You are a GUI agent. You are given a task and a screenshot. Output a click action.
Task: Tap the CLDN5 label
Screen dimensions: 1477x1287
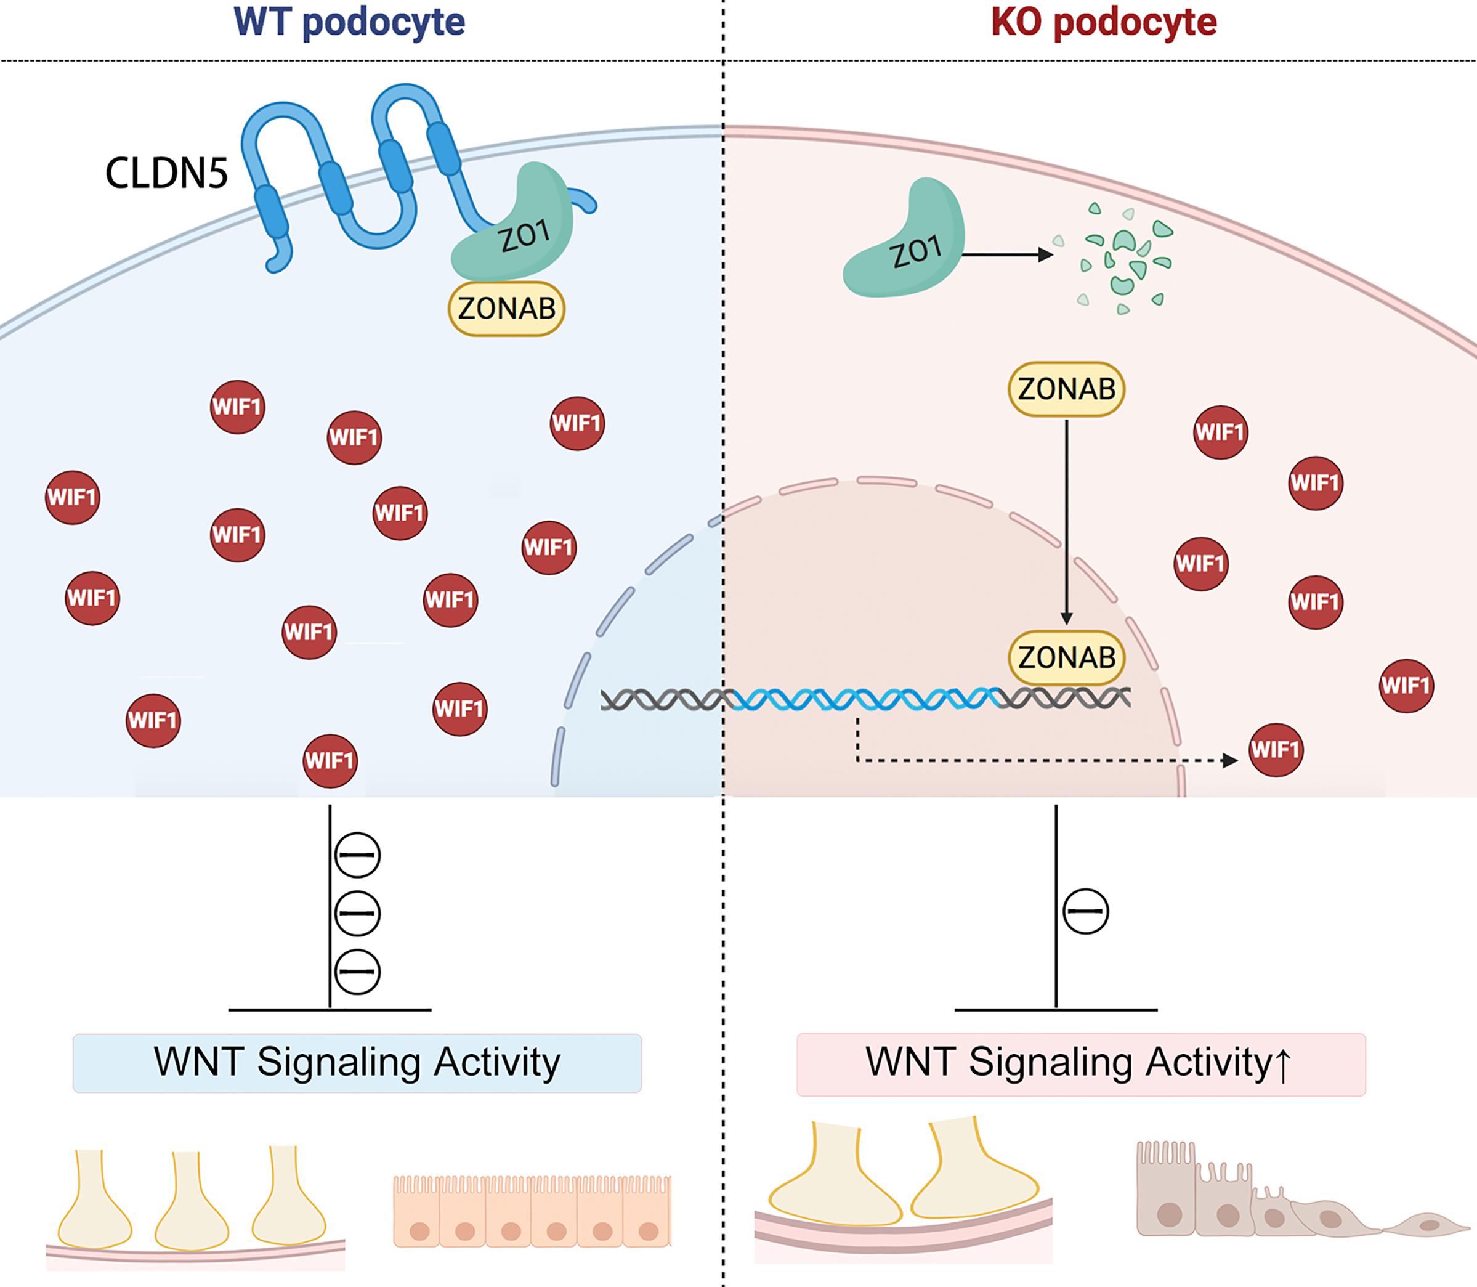click(x=166, y=173)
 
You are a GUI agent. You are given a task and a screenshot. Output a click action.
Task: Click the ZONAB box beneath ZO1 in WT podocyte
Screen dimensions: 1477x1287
click(x=507, y=309)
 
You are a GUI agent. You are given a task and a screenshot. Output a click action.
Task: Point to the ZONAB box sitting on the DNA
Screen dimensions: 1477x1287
click(x=1066, y=657)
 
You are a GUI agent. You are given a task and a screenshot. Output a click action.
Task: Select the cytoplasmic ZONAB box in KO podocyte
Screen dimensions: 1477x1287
click(x=1066, y=389)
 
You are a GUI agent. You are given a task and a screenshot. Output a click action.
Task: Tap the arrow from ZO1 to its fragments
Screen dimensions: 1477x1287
click(x=1008, y=254)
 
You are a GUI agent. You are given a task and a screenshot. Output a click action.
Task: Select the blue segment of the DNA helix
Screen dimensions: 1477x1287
click(x=862, y=699)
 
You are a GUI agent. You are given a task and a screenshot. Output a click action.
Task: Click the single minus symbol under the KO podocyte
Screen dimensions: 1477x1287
click(x=1086, y=911)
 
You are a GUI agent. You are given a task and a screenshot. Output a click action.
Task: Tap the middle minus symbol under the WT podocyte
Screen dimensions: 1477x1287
click(x=358, y=914)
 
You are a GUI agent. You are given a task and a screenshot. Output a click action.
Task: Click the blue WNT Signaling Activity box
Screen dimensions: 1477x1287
click(x=357, y=1063)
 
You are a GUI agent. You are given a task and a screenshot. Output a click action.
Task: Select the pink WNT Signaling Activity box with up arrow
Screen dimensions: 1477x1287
click(x=1080, y=1065)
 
